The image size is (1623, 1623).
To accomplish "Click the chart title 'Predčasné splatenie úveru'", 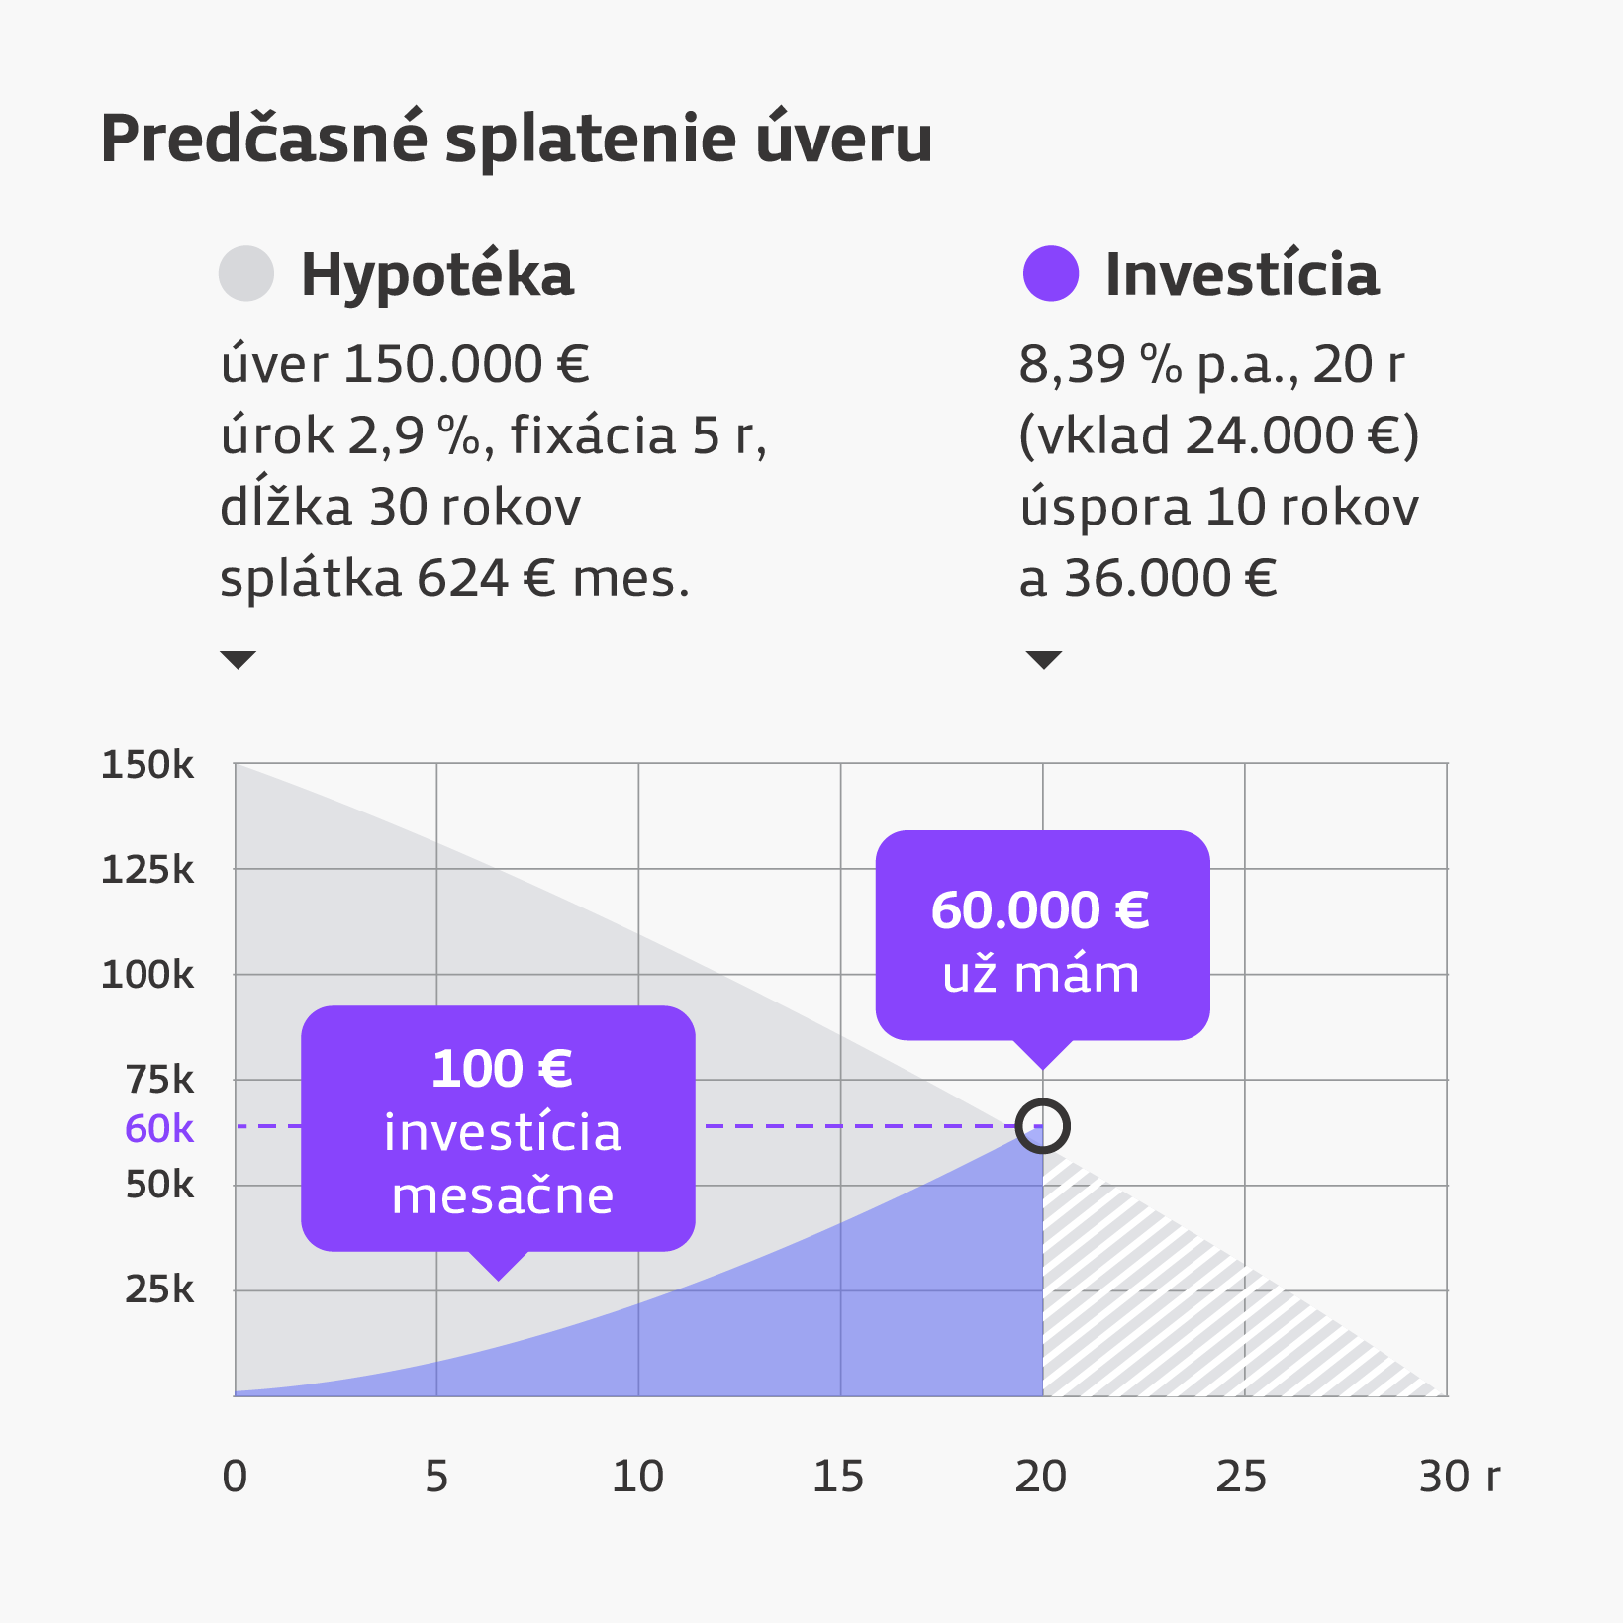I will pos(516,139).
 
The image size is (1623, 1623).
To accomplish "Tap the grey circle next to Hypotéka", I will pos(245,273).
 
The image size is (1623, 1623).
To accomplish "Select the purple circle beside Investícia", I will pos(1050,273).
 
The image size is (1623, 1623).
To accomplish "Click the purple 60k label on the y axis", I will pos(159,1128).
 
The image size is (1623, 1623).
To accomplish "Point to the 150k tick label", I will pos(147,765).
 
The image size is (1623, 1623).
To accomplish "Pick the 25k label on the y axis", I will pos(159,1289).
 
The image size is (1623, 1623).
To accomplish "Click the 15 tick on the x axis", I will pos(838,1477).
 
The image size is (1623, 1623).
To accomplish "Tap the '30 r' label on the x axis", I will pos(1459,1477).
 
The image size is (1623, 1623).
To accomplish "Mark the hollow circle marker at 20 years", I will pos(1043,1126).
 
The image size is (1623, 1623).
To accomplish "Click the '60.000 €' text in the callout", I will pos(1040,910).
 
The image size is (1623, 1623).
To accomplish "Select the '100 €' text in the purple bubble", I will pos(502,1069).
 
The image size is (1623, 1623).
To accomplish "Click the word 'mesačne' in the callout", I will pos(503,1195).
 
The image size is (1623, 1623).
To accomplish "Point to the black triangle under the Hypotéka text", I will pos(239,659).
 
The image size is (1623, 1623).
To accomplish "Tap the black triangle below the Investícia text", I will pos(1044,659).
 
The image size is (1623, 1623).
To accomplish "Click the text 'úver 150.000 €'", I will pos(405,364).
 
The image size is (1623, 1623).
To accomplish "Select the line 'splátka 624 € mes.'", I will pos(454,578).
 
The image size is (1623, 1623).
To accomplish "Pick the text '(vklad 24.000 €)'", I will pos(1219,435).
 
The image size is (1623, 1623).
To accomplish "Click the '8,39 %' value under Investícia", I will pos(1099,364).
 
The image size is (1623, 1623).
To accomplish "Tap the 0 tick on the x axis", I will pos(235,1477).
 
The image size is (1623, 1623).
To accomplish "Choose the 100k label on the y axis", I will pos(147,975).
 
